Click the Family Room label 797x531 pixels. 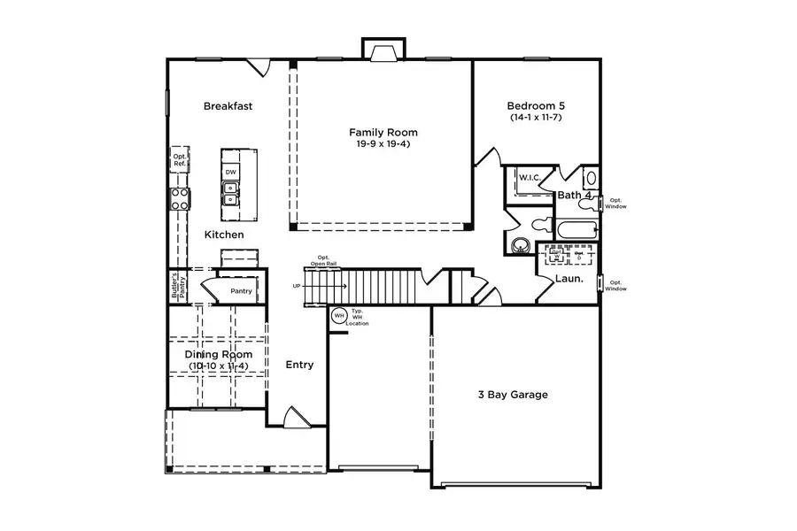[x=383, y=132]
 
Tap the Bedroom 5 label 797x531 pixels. [x=538, y=104]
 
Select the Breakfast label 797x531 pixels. [x=228, y=106]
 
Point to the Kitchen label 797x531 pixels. [x=224, y=235]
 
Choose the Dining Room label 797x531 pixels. [x=218, y=355]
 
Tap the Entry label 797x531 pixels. [x=299, y=365]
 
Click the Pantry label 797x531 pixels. [x=241, y=291]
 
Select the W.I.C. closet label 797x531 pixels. [x=530, y=177]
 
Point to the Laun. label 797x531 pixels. [x=569, y=279]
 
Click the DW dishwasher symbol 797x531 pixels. [x=230, y=172]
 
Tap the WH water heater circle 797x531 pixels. [x=338, y=315]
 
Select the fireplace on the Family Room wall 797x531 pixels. [x=383, y=51]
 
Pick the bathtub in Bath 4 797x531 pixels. [x=576, y=230]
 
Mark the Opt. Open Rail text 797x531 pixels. [x=321, y=261]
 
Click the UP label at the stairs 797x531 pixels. [x=297, y=286]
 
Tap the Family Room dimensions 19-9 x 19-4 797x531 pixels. [x=383, y=143]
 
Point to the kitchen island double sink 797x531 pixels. [x=230, y=193]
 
